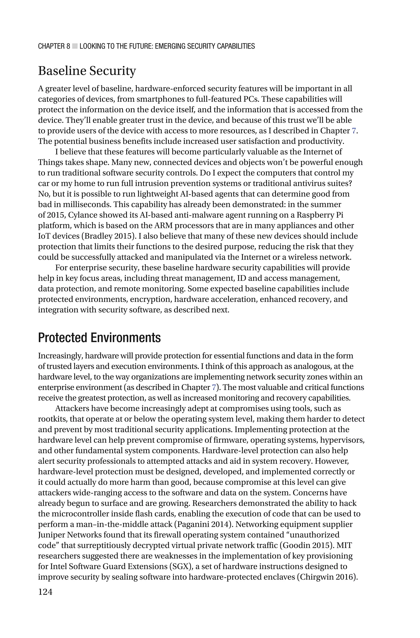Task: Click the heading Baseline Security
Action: pos(87,71)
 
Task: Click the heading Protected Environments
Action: pos(99,338)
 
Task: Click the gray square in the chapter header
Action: pos(75,46)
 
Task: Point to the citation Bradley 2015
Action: pos(108,236)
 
